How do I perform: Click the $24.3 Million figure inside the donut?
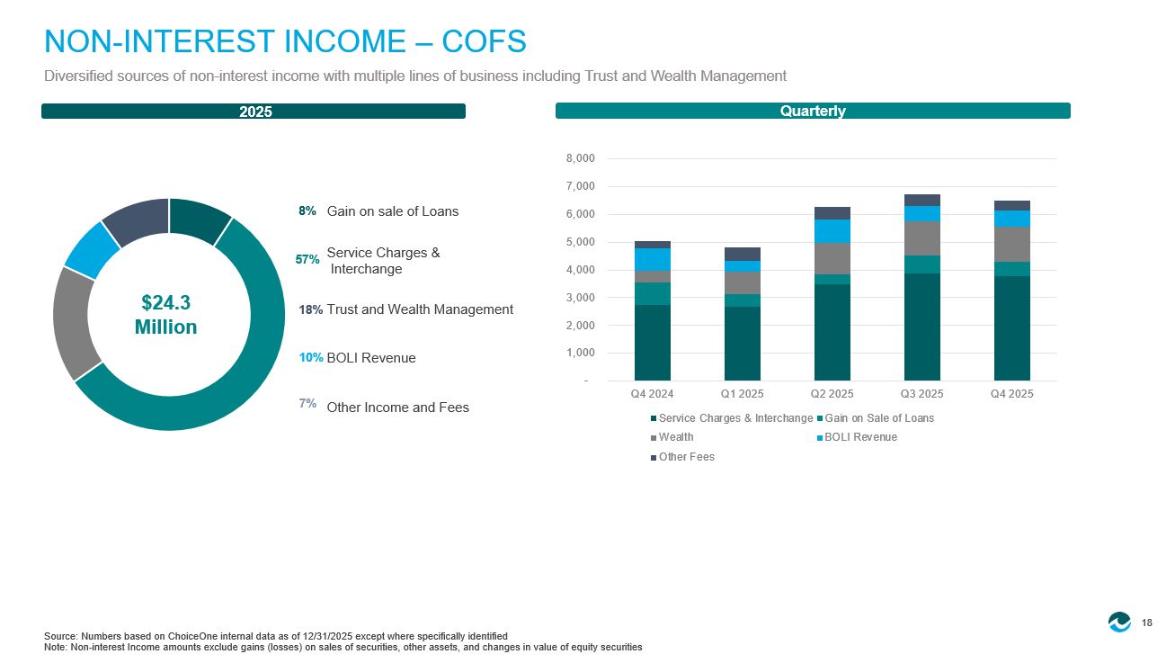tap(165, 315)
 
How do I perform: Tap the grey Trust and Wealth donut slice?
tap(74, 323)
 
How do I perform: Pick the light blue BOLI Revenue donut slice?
tap(91, 250)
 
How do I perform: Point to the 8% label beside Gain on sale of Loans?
tap(307, 211)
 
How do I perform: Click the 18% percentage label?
tap(310, 309)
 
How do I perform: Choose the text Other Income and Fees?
tap(397, 408)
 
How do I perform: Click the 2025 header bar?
tap(254, 112)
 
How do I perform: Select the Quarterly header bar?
tap(813, 111)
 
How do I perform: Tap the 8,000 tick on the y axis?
tap(580, 158)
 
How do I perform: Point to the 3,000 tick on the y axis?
tap(580, 298)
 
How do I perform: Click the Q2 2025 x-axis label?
tap(832, 394)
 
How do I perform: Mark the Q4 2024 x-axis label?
tap(652, 394)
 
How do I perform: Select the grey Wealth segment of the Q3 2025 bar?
tap(922, 238)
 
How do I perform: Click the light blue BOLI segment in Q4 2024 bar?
tap(653, 259)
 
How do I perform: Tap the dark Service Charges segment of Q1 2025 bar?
tap(743, 344)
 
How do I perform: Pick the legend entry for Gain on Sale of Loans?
tap(876, 418)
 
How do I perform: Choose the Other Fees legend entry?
tap(682, 457)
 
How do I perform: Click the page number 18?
tap(1147, 623)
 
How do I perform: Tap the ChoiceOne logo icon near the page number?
tap(1119, 622)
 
